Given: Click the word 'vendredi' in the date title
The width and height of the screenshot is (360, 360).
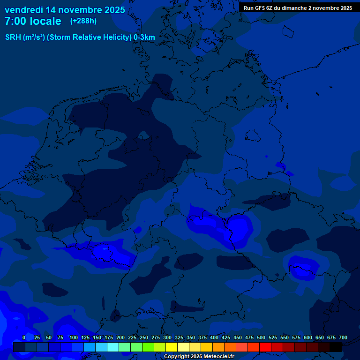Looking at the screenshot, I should point(23,10).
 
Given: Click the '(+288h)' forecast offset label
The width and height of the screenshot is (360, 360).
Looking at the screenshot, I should point(83,21).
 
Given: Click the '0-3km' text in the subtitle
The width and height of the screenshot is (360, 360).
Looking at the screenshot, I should point(144,37).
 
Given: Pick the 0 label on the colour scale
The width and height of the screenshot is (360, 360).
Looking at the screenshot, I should point(24,337).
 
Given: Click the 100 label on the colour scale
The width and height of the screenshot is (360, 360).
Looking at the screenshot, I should point(74,337).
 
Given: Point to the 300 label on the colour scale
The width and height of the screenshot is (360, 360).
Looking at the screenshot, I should point(167,337).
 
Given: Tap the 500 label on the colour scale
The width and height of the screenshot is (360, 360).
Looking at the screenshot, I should point(261,337).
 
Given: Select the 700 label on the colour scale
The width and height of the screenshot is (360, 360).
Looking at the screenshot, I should point(343,337).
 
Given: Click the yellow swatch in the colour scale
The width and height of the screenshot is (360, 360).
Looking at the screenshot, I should point(172,347).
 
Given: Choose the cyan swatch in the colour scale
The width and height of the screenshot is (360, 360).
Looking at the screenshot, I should point(113,347).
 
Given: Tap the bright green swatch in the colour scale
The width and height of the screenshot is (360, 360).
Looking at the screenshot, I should point(148,347).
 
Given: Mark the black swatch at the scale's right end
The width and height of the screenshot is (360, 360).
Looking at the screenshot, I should point(336,347).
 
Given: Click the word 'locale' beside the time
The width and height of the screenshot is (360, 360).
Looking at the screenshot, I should point(46,21).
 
